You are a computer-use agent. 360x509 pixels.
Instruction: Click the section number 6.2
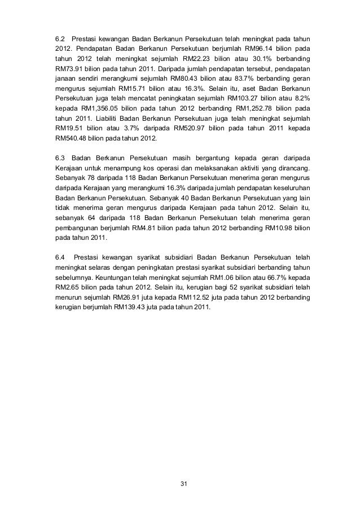pyautogui.click(x=59, y=38)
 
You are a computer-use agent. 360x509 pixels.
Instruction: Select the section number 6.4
pyautogui.click(x=60, y=258)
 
